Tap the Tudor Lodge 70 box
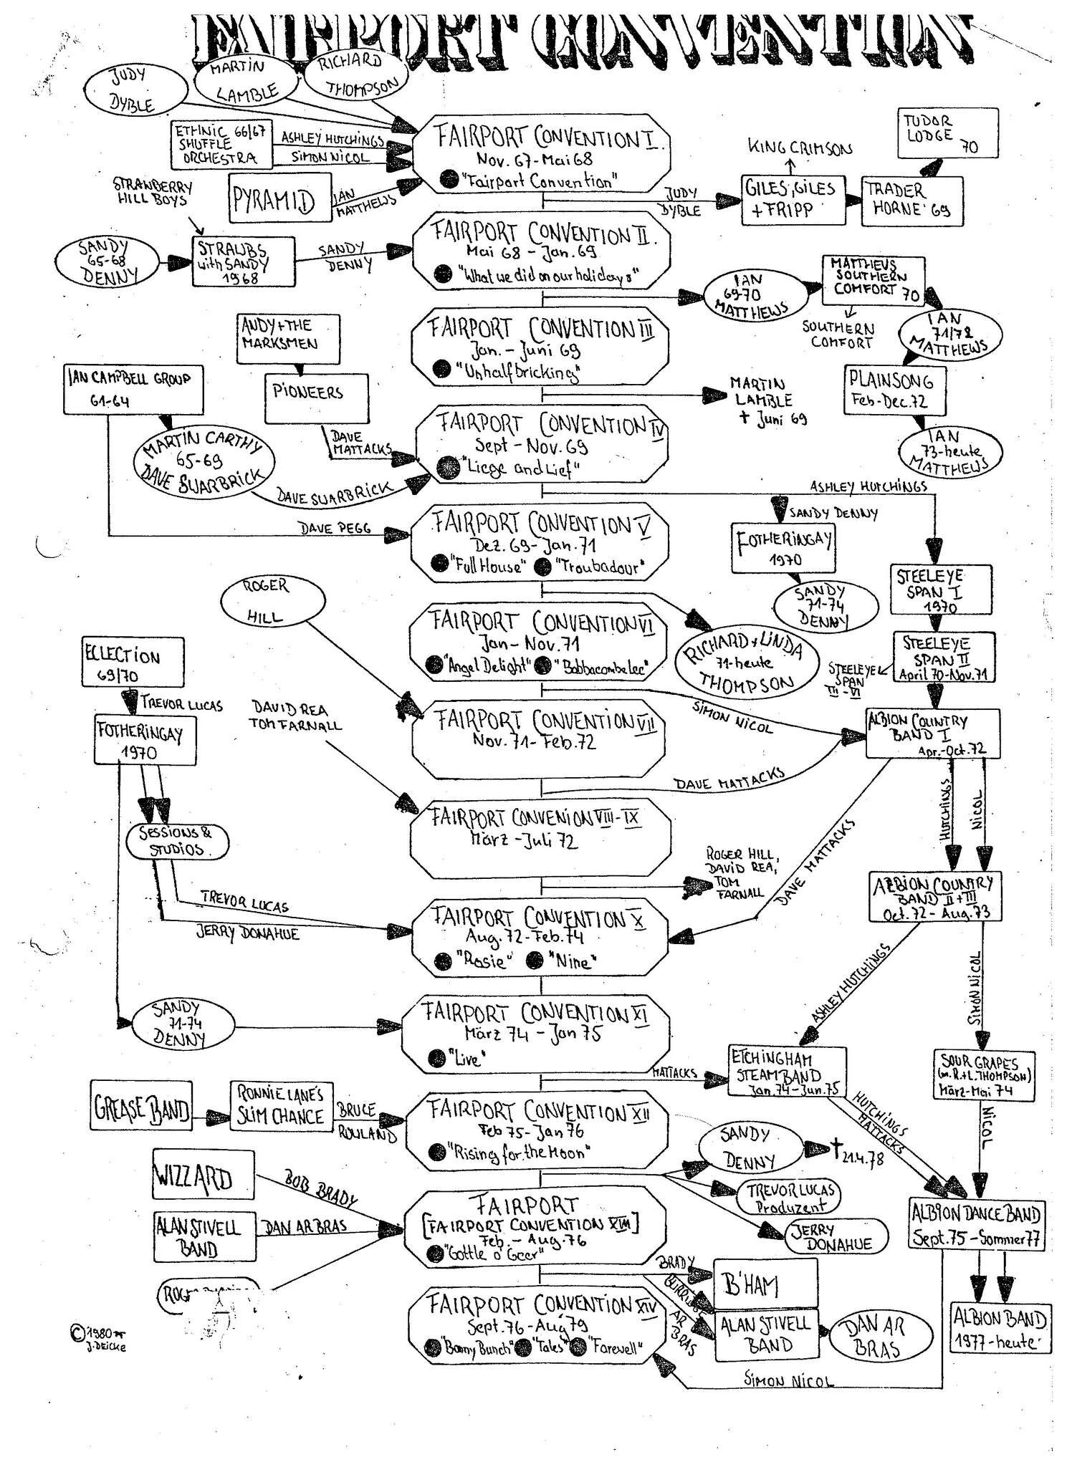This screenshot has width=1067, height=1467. (947, 133)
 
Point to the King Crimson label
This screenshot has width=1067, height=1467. (800, 148)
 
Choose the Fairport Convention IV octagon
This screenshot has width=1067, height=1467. (542, 445)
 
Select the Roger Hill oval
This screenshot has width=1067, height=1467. (266, 601)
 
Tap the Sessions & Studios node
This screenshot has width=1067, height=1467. (177, 841)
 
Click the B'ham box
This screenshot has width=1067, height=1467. (765, 1286)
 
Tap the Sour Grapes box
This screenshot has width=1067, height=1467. (985, 1075)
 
